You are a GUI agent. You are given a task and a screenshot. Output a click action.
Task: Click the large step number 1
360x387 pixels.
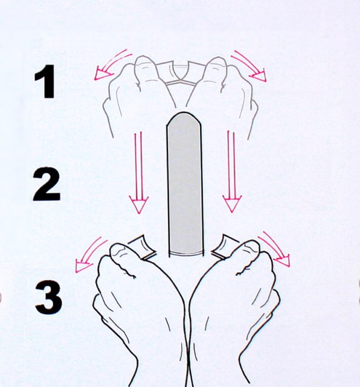point(47,82)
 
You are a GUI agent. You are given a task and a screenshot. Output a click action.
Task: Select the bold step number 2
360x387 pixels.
point(47,185)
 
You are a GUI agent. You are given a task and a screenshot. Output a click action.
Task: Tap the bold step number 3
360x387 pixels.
point(49,297)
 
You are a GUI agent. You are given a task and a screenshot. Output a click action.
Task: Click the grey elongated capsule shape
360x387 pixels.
point(185,185)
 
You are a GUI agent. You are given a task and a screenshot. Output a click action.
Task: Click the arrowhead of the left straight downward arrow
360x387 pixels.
point(138,204)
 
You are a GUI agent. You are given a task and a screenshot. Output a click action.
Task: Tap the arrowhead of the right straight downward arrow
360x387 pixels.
point(232,203)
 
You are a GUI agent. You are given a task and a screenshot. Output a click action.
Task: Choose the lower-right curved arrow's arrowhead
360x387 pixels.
point(282,260)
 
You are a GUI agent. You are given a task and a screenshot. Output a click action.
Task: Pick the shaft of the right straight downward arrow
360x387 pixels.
point(231,164)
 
